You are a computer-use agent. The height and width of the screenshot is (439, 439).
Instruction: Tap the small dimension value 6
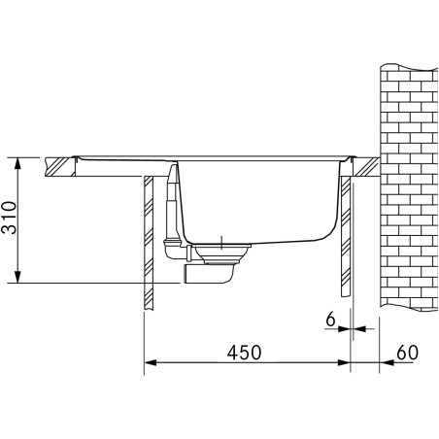click(x=331, y=318)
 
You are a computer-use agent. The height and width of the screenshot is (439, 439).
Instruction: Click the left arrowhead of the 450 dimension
click(x=149, y=365)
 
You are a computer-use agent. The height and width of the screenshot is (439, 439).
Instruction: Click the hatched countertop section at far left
click(x=61, y=167)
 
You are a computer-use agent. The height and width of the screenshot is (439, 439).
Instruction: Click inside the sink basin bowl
click(x=257, y=204)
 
